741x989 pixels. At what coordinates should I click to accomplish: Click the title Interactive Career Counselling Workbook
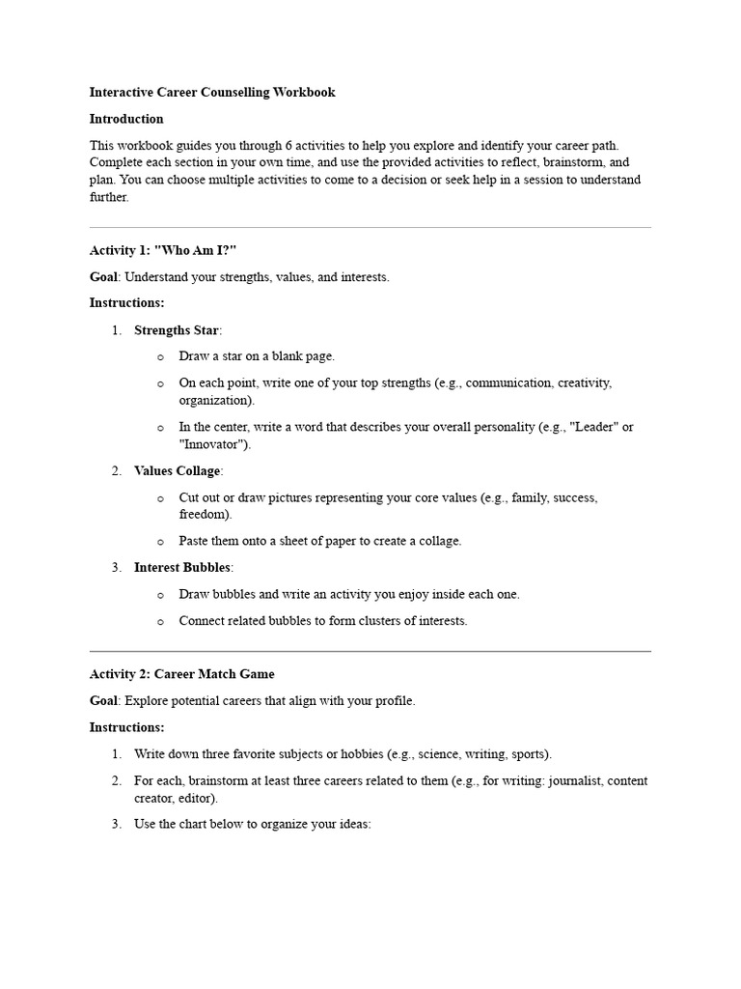[x=212, y=93]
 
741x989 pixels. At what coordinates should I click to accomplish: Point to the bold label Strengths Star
[x=177, y=330]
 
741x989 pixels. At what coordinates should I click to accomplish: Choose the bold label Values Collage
[x=178, y=470]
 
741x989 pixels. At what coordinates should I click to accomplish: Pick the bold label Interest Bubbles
[x=182, y=567]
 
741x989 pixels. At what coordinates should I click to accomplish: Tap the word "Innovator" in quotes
[x=213, y=444]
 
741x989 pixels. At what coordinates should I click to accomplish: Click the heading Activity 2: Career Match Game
[x=182, y=674]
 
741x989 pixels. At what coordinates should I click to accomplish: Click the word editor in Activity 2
[x=197, y=799]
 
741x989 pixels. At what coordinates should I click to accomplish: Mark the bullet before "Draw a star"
[x=160, y=357]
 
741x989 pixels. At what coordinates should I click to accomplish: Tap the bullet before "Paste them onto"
[x=160, y=542]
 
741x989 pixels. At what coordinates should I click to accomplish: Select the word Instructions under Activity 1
[x=126, y=303]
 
